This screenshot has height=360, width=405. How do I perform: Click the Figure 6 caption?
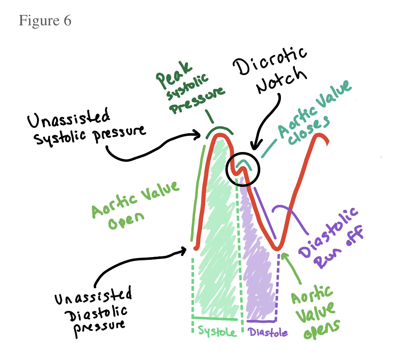pos(45,20)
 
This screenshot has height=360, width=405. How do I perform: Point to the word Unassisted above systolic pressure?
pos(68,118)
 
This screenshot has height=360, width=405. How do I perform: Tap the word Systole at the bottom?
pos(217,331)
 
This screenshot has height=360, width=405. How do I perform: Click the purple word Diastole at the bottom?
pos(268,332)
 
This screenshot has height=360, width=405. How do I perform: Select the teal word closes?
pos(309,130)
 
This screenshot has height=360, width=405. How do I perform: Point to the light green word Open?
pos(126,221)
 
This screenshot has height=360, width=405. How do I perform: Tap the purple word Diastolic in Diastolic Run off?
pos(329,232)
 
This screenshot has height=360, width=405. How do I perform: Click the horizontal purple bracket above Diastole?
pos(261,321)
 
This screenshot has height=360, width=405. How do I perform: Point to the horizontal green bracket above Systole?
pos(214,318)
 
